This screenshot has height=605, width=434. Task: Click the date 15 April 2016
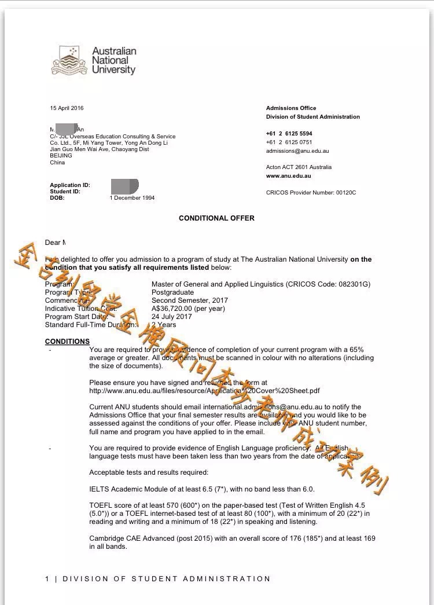pos(67,108)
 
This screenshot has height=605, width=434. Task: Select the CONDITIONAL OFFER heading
pos(216,218)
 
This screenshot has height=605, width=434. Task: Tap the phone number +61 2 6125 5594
pos(289,134)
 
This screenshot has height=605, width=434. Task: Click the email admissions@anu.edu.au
pos(297,151)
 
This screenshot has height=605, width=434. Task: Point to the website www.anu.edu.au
pos(289,176)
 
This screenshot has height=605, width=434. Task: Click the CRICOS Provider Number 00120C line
pos(311,192)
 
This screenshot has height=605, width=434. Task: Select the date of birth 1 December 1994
pos(132,198)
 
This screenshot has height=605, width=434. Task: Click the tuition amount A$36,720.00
pos(173,309)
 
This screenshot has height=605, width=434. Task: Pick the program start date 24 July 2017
pos(171,317)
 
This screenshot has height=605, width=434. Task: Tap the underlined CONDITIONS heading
pos(67,342)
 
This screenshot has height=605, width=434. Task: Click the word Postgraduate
pos(172,292)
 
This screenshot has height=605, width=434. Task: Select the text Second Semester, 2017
pos(190,300)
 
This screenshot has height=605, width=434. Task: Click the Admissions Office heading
pos(291,108)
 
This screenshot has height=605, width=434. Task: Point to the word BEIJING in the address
pos(61,156)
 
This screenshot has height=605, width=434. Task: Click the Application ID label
pos(70,185)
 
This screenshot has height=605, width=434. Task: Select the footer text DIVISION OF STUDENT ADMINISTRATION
pos(166,579)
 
